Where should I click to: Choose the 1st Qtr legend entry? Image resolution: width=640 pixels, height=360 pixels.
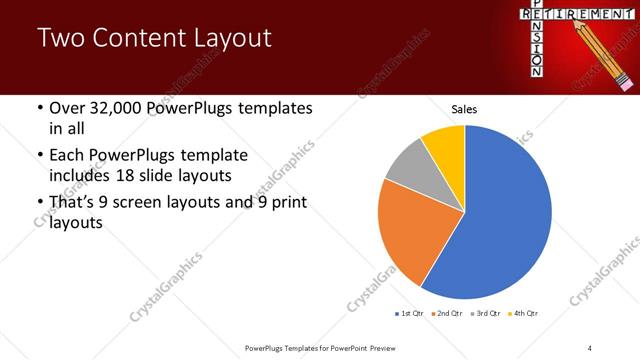click(411, 314)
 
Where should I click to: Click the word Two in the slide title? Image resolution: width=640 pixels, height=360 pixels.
click(60, 38)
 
